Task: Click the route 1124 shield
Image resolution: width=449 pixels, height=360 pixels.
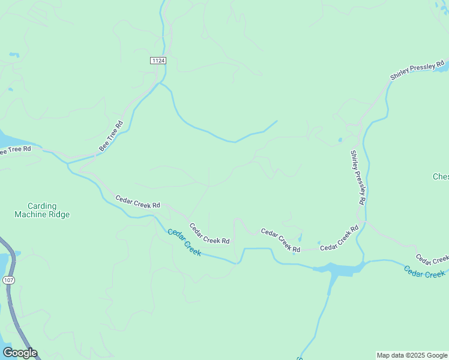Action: tap(158, 61)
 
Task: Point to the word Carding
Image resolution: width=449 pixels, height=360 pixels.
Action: tap(42, 205)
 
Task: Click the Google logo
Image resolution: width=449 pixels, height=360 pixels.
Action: tap(20, 353)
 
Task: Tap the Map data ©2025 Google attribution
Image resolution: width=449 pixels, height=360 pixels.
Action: tap(412, 355)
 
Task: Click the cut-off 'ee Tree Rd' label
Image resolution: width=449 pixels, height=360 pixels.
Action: tap(15, 150)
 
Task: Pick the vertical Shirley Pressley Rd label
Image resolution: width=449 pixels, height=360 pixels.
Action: tap(358, 178)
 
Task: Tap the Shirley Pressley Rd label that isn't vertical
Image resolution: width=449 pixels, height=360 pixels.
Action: tap(417, 70)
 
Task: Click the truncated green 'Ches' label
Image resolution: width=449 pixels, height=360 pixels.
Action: tap(441, 176)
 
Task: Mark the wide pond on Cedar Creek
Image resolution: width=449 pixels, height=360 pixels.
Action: tap(339, 269)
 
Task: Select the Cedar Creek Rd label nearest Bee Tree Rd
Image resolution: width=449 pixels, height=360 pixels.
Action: tap(137, 201)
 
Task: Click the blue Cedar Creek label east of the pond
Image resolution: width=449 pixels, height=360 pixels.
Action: tap(425, 272)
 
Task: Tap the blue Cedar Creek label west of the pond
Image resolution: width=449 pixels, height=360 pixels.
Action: tap(184, 242)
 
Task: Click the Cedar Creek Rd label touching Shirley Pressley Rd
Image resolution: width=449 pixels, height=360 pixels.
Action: tap(339, 238)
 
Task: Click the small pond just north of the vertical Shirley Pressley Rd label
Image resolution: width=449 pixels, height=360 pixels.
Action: tap(340, 140)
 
